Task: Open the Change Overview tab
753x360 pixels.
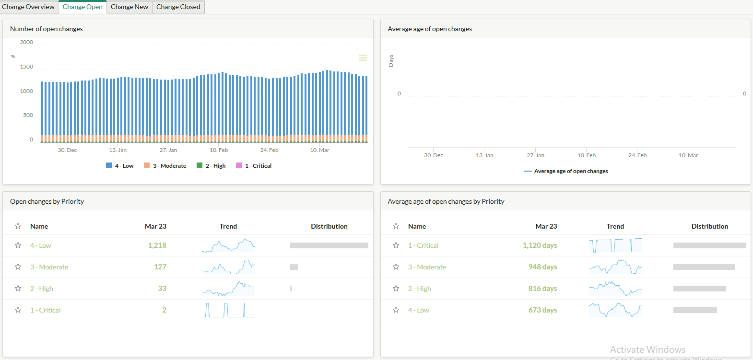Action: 28,7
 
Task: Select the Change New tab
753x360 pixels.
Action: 129,7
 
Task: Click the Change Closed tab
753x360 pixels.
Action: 178,7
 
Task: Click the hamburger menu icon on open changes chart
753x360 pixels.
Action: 363,58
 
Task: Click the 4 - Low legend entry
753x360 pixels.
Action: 120,166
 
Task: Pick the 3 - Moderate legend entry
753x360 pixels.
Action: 165,166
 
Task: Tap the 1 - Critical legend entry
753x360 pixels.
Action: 254,166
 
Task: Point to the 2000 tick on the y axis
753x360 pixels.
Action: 26,42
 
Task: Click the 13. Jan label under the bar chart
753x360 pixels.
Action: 118,150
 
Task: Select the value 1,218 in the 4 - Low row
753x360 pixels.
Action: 157,245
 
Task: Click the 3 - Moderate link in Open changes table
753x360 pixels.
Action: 49,267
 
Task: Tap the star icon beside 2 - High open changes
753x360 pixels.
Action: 18,289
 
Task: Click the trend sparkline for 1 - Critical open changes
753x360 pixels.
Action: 228,310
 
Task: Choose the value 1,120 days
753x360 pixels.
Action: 540,245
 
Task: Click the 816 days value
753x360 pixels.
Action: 542,289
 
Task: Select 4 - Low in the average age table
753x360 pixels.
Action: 418,310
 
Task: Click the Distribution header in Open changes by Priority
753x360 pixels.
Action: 329,226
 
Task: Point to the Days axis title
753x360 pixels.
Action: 391,60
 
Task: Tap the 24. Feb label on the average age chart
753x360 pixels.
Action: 637,155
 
